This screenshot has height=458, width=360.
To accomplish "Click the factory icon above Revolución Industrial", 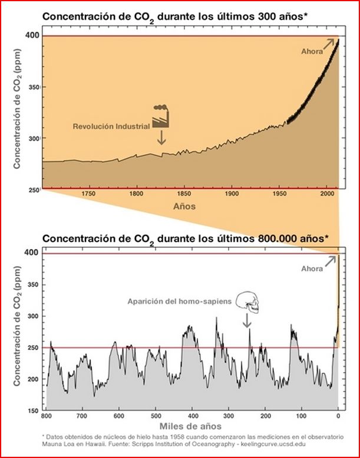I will [161, 116].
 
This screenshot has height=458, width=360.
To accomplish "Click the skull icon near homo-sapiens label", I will [247, 301].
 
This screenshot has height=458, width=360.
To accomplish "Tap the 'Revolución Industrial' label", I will [111, 127].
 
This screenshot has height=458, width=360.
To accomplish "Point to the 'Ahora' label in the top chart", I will [312, 52].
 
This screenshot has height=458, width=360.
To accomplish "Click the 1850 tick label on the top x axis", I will [184, 194].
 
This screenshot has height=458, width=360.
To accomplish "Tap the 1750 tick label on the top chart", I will [88, 194].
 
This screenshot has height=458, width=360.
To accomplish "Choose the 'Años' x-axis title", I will [184, 207].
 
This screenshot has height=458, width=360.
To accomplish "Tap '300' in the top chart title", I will [262, 16].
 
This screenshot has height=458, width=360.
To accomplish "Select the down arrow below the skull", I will [247, 321].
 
